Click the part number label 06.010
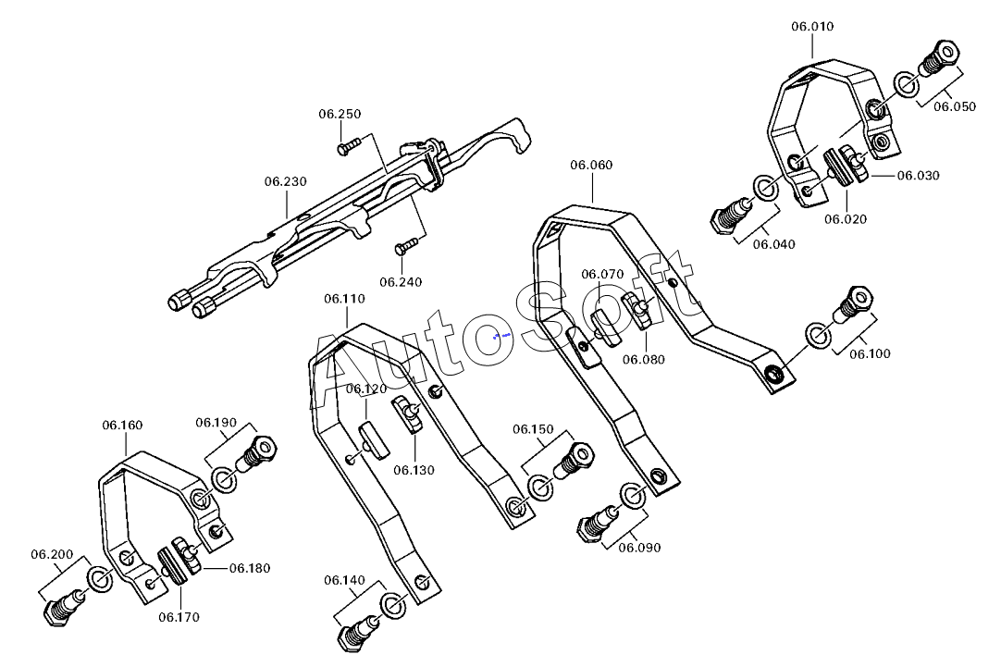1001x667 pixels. pyautogui.click(x=811, y=27)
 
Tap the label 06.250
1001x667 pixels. pyautogui.click(x=340, y=114)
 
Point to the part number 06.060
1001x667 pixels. pyautogui.click(x=591, y=165)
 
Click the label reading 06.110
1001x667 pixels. pyautogui.click(x=344, y=299)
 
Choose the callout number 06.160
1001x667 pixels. pyautogui.click(x=122, y=426)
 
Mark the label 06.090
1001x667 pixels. pyautogui.click(x=639, y=547)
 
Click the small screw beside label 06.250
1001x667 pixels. pyautogui.click(x=349, y=144)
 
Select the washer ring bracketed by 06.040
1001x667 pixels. pyautogui.click(x=766, y=188)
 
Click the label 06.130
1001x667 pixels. pyautogui.click(x=413, y=470)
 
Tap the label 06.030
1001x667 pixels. pyautogui.click(x=918, y=175)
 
